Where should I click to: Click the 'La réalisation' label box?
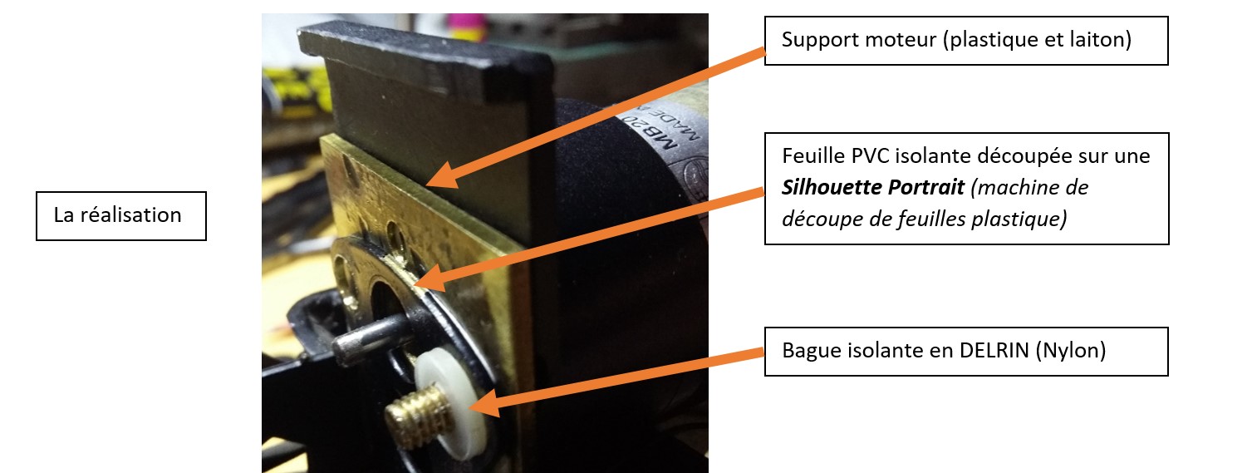[x=120, y=215]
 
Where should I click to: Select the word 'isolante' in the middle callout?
[x=921, y=155]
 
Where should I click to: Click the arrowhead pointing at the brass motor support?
[x=439, y=175]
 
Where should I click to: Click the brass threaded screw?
[x=414, y=410]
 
